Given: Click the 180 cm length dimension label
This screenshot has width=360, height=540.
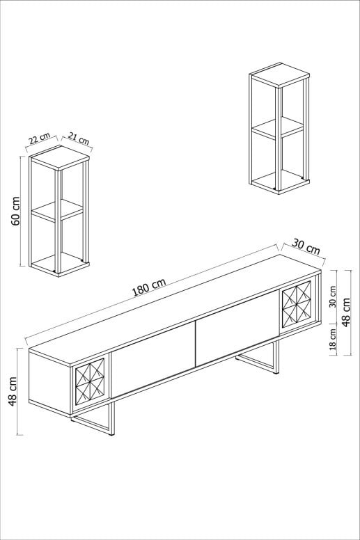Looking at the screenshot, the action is [x=149, y=287].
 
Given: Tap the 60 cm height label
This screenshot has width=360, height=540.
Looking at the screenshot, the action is [x=16, y=211].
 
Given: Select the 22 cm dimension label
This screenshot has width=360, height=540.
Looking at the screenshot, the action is [x=39, y=138].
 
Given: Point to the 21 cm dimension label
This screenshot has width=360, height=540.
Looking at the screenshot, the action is [x=79, y=138].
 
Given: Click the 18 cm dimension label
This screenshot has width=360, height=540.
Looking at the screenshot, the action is [x=333, y=339].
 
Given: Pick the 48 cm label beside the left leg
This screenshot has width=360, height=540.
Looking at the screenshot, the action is [x=13, y=392].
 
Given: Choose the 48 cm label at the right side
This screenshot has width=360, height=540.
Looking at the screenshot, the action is [x=346, y=312].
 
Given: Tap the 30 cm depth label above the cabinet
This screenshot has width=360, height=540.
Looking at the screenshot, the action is [x=306, y=246].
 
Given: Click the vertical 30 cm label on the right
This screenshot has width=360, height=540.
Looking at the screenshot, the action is [x=333, y=296].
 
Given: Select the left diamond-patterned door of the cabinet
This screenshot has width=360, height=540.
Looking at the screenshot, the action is [x=90, y=381].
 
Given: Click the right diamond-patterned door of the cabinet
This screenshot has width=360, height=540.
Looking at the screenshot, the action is [x=297, y=304].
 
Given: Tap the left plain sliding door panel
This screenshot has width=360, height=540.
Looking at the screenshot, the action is [x=154, y=360].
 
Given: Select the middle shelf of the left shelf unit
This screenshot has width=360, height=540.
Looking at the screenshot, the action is [x=58, y=210].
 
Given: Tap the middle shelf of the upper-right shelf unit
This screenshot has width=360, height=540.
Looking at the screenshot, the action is [x=278, y=128].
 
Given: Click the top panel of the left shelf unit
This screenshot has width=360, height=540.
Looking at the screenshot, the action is [x=59, y=158].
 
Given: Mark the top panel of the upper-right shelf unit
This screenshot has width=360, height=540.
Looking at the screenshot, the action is [x=279, y=75].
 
